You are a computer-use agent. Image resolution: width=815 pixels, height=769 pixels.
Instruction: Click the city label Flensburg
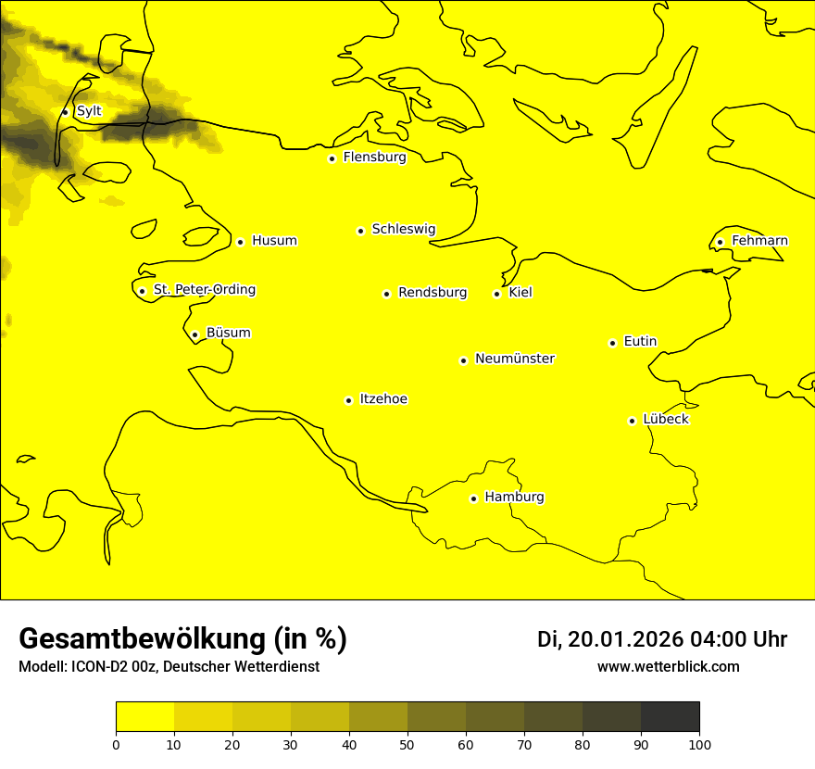374,158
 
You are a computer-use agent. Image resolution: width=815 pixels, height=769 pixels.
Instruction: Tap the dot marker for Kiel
497,295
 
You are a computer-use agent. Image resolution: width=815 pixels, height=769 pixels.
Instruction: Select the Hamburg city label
514,498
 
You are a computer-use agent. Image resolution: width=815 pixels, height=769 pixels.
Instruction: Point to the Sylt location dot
65,112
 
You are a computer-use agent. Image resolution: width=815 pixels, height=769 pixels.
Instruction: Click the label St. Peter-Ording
204,290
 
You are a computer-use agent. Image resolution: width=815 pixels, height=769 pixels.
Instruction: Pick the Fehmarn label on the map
759,241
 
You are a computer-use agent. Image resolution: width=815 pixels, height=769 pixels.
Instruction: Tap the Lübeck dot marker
633,421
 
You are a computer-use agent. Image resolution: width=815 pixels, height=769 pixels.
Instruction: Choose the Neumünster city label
515,359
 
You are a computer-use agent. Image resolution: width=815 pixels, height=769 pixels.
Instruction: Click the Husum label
274,241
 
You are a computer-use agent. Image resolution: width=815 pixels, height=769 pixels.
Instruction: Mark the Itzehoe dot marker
348,401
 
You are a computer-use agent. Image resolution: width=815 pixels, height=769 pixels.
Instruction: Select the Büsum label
228,334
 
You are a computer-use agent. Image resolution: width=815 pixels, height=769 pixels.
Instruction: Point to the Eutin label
640,342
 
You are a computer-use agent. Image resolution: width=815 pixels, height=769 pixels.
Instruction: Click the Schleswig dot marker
360,231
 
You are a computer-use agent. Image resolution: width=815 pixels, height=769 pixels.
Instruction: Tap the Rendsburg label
433,293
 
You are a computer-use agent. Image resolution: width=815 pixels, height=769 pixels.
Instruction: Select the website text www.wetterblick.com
668,667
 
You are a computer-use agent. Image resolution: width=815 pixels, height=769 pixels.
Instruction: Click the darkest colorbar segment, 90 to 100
670,717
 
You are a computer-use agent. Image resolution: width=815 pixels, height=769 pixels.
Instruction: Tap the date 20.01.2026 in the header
626,639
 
